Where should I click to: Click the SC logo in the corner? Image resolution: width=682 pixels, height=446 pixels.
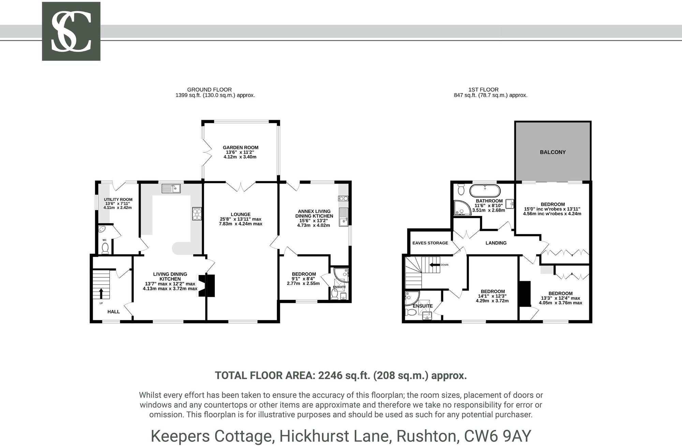point(71,31)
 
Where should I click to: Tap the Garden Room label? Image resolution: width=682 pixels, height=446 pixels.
point(240,148)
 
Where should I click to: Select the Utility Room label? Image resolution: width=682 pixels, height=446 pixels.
point(118,200)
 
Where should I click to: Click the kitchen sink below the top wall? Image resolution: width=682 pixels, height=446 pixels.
point(171,188)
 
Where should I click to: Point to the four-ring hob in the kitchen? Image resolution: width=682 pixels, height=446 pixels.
point(197,214)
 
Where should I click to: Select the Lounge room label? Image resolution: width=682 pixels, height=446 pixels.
point(240,215)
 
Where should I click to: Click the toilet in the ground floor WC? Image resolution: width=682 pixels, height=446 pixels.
point(105,248)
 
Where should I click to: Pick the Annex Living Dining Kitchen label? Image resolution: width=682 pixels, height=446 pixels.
point(314,214)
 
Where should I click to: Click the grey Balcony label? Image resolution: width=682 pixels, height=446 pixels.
point(552,152)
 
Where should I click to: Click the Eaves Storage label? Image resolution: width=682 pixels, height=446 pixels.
point(430,243)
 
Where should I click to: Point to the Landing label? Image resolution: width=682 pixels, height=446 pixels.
point(496,243)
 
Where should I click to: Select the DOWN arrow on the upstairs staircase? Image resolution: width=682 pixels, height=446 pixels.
point(434,265)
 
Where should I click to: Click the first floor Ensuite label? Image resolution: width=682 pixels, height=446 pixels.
point(422,306)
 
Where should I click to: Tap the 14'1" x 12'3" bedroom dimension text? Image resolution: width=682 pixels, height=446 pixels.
point(492,296)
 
